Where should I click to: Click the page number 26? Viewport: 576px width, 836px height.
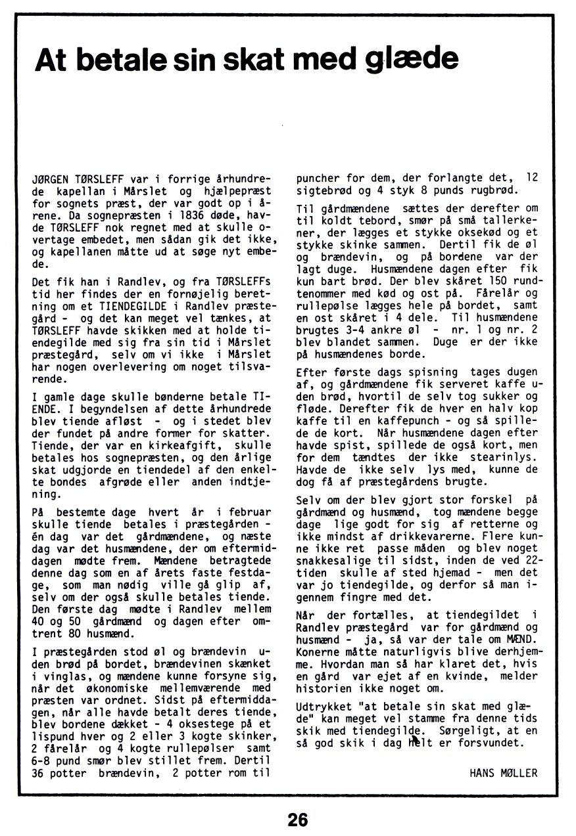(x=298, y=820)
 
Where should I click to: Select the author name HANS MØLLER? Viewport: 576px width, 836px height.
(x=503, y=773)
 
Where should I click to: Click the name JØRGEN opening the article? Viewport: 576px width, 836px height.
(x=50, y=179)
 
